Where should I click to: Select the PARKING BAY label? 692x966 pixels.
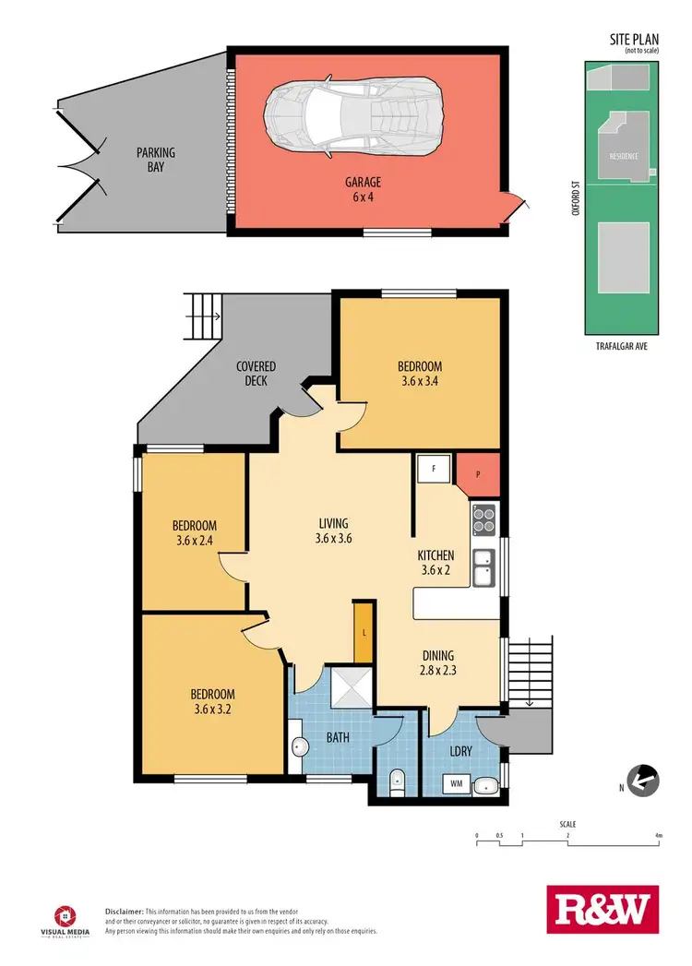(156, 159)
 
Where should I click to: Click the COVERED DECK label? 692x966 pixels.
(256, 374)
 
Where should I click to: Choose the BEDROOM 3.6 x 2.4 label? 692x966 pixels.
(192, 532)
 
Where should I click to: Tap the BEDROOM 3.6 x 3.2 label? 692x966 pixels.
(212, 701)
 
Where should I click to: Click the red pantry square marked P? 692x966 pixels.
(478, 472)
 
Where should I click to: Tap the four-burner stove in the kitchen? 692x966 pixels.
(484, 520)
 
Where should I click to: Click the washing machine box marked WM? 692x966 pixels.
(457, 784)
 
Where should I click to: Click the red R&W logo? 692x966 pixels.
(603, 912)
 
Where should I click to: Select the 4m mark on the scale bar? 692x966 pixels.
(658, 836)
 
